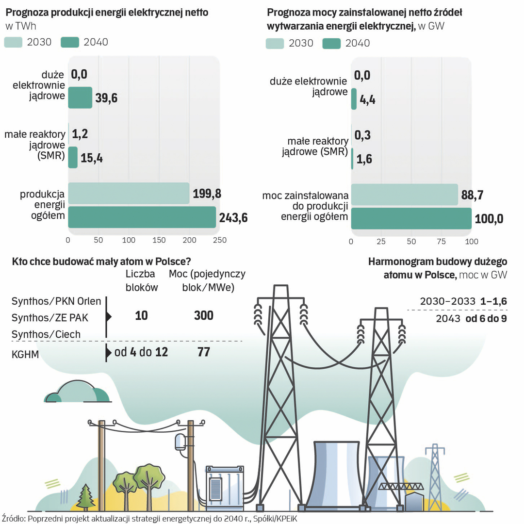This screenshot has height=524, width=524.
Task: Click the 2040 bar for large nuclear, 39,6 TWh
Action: [x=80, y=98]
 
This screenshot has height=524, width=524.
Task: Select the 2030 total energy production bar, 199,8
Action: [x=129, y=194]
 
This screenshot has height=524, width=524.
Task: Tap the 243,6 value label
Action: [x=232, y=218]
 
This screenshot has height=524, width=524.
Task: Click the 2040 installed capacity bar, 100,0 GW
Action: [x=411, y=218]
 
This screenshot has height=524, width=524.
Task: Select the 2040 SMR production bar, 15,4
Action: [x=73, y=158]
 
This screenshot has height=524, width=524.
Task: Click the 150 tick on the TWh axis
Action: [x=159, y=240]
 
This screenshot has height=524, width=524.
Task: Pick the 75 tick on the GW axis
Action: [x=441, y=242]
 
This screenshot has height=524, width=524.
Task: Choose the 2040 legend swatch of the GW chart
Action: [x=332, y=43]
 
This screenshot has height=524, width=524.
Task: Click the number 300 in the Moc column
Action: [x=204, y=316]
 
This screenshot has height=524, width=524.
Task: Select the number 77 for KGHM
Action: [x=204, y=352]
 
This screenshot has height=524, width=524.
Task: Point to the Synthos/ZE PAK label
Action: [x=49, y=317]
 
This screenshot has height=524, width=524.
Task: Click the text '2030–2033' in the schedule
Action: [x=447, y=301]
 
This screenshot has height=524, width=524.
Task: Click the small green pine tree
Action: [x=85, y=496]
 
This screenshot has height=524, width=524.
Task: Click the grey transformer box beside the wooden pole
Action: [x=223, y=485]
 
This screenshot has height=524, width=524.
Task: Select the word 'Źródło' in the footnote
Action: [x=14, y=518]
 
